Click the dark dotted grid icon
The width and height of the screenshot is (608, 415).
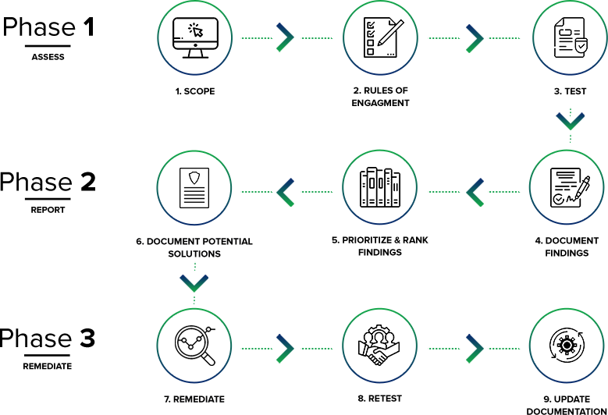380,187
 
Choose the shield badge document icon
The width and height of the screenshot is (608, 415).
192,188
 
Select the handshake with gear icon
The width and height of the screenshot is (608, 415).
379,345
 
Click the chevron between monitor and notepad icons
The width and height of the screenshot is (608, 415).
286,37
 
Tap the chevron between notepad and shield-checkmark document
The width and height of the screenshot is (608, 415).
475,37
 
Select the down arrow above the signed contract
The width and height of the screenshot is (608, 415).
570,122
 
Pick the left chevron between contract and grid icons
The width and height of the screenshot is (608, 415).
475,191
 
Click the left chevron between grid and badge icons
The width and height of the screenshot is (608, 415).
286,191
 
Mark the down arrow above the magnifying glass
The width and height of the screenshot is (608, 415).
194,282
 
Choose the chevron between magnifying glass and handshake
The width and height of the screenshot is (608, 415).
286,348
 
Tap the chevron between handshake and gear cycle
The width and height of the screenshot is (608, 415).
475,348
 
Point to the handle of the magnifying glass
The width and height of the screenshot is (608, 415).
209,360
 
